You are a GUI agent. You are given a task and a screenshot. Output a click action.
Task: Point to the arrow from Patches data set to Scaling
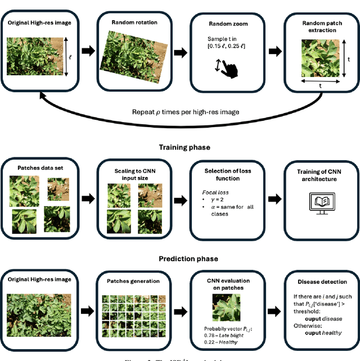coord(88,198)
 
